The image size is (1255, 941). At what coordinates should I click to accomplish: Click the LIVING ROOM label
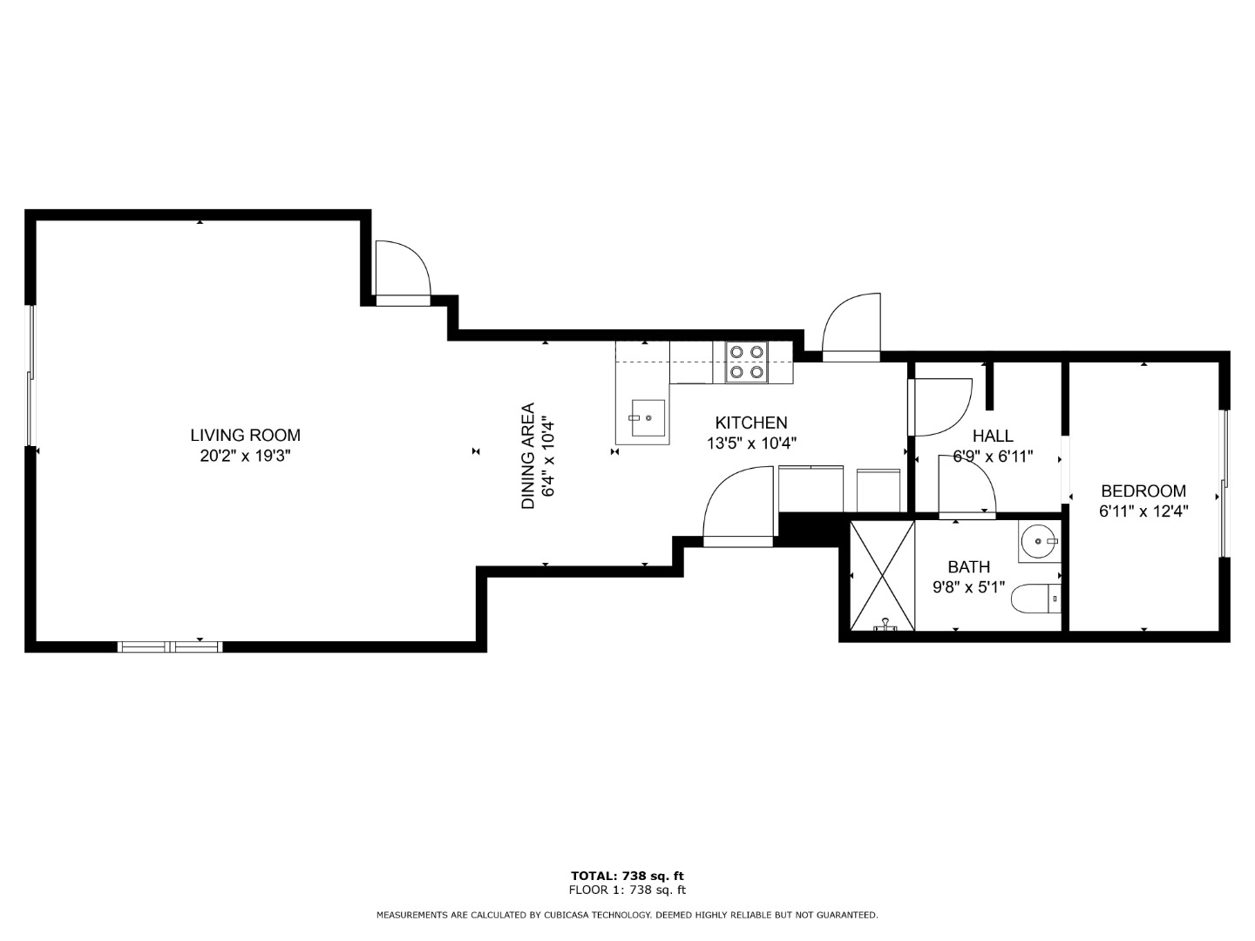click(x=245, y=436)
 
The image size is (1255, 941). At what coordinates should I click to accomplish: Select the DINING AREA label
click(x=528, y=456)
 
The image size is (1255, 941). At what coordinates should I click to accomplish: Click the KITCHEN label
click(x=751, y=423)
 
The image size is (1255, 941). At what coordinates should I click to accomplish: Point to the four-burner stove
click(x=747, y=362)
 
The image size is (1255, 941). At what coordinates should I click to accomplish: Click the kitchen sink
click(x=648, y=417)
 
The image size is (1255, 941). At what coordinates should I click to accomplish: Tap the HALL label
click(x=994, y=436)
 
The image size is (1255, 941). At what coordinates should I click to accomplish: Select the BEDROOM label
click(x=1143, y=491)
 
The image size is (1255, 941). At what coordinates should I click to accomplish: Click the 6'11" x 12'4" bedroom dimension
click(x=1143, y=511)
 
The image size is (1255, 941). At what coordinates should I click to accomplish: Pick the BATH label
click(x=969, y=566)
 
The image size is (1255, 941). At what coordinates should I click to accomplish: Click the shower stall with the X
click(x=883, y=576)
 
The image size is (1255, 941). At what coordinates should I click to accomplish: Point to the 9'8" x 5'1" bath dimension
click(x=969, y=587)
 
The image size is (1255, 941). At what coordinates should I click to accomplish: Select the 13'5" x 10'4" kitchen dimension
click(x=751, y=443)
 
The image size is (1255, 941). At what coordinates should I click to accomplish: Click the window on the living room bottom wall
click(x=170, y=647)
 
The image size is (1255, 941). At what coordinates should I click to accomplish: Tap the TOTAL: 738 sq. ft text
click(x=627, y=876)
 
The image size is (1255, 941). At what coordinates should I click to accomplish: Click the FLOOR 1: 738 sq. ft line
click(x=627, y=890)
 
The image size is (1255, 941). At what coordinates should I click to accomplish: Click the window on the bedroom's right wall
click(x=1224, y=484)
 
